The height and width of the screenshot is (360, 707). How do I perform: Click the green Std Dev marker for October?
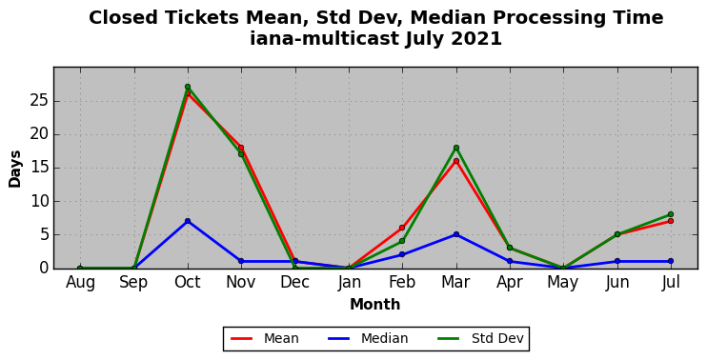coord(188,87)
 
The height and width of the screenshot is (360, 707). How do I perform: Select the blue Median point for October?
coord(188,221)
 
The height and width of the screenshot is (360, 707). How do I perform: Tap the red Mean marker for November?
coord(241,148)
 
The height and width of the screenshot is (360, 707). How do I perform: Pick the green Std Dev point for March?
coord(456,148)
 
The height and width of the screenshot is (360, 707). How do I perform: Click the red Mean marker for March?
coord(456,161)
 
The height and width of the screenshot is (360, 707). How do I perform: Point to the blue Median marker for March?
coord(456,234)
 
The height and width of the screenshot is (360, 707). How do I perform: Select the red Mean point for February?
coord(402,228)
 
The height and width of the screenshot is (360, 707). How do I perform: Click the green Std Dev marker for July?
coord(671,214)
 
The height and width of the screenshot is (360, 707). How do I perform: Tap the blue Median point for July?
coord(671,261)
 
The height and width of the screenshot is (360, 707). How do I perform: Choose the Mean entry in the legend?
coord(265,338)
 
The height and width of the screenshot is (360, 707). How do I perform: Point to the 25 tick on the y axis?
coord(39,101)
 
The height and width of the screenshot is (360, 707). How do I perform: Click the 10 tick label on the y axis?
coord(39,201)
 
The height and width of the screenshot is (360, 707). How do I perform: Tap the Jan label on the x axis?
coord(349,282)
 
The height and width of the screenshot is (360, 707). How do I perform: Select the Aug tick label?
coord(80,283)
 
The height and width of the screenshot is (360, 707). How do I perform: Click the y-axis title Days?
coord(15,169)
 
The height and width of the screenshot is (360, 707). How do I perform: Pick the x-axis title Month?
coord(375,305)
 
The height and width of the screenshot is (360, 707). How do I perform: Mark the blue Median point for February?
coord(402,254)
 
